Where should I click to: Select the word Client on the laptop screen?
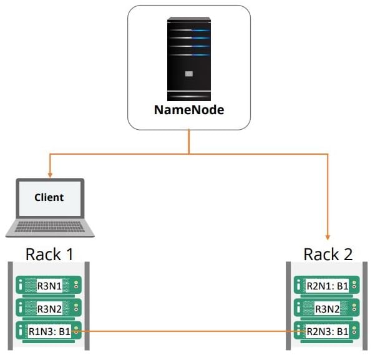[x=49, y=197]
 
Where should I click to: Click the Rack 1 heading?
[x=50, y=254]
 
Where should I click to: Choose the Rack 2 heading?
[x=328, y=254]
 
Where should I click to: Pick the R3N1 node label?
[x=49, y=286]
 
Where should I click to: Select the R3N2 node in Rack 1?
[x=49, y=308]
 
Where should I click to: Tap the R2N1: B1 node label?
[x=327, y=286]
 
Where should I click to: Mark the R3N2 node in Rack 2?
[x=327, y=308]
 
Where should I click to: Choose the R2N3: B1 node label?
[x=327, y=331]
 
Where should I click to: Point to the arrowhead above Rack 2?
[x=328, y=236]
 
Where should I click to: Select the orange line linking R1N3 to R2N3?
[x=187, y=331]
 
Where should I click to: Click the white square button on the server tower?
[x=188, y=73]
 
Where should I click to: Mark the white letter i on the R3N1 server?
[x=22, y=286]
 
